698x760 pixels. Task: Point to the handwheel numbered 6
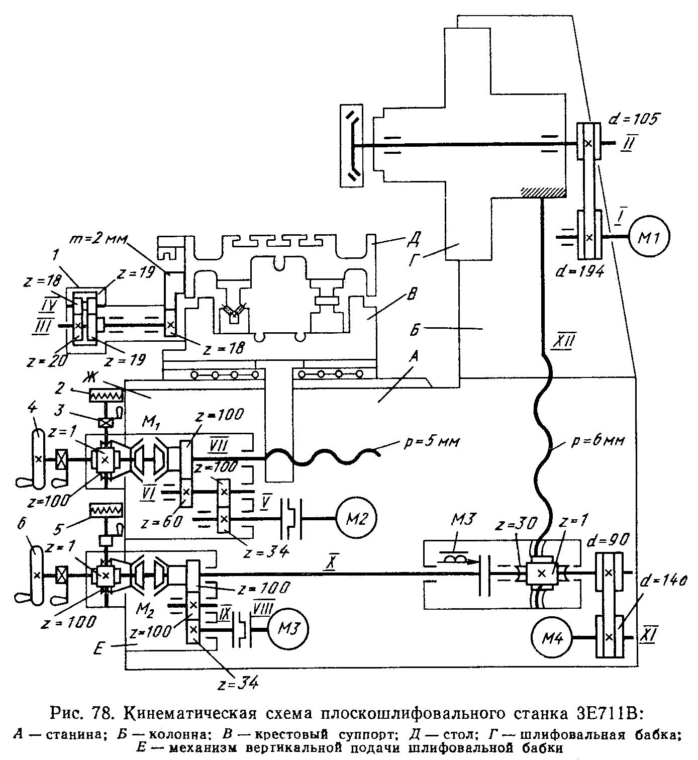click(x=37, y=575)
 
